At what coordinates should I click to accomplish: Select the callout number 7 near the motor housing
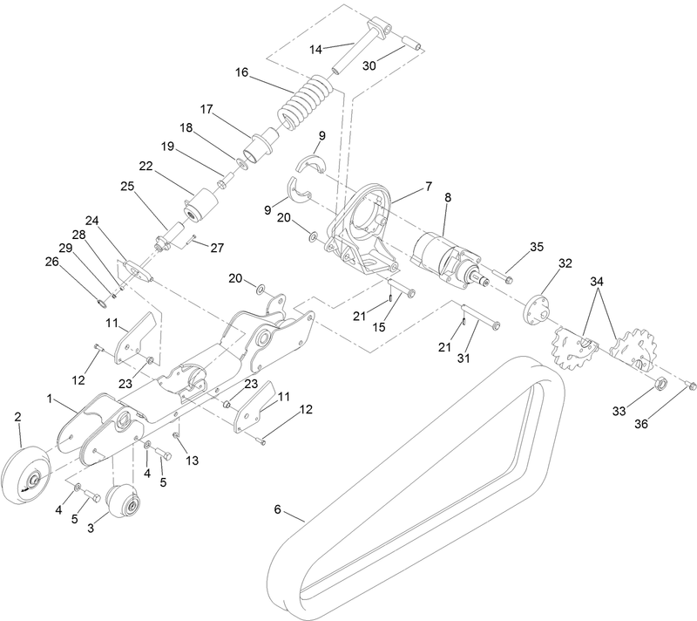pos(427,186)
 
